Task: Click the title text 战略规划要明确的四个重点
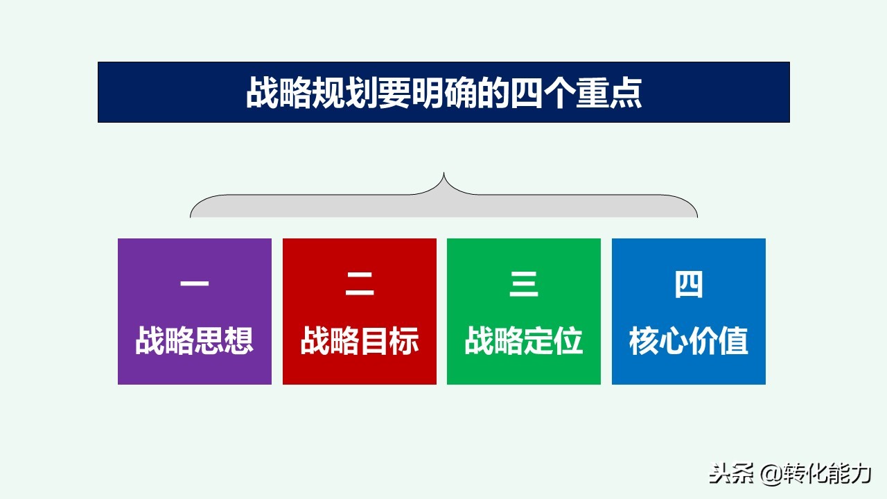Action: [x=443, y=93]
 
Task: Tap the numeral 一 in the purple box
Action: [x=195, y=285]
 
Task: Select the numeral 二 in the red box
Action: [x=360, y=285]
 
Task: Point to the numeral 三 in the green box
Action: [x=524, y=285]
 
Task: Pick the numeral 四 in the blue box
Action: [x=689, y=285]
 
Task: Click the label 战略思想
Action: [x=195, y=341]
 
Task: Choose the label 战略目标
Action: [x=360, y=341]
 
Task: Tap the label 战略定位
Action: [x=524, y=341]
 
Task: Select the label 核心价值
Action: [x=689, y=341]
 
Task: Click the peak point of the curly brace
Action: [x=443, y=174]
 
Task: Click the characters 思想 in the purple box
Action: [x=224, y=341]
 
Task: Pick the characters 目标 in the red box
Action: [x=389, y=341]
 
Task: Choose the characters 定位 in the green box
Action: [x=553, y=341]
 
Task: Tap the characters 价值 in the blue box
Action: [x=719, y=341]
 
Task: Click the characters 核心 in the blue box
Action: [x=659, y=341]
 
